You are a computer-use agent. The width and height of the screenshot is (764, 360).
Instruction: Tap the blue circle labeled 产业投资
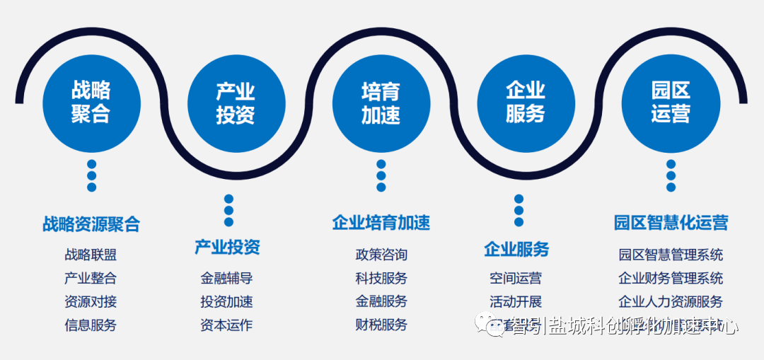(x=236, y=103)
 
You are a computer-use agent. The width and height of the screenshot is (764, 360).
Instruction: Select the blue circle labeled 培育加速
(x=381, y=103)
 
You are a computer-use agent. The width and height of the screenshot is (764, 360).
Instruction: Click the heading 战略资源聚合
(x=91, y=224)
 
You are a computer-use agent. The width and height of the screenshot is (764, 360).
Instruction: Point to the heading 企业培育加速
(x=381, y=223)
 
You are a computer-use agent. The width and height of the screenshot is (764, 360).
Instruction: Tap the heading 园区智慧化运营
(x=671, y=223)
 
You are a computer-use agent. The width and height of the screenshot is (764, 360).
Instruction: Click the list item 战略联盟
(x=91, y=255)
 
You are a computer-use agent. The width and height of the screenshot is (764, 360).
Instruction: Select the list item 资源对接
(x=91, y=301)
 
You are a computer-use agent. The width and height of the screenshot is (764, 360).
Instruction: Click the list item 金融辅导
(x=226, y=278)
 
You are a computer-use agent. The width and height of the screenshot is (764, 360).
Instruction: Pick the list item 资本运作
(x=226, y=325)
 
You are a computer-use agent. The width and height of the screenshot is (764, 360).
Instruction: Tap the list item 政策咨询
(x=381, y=255)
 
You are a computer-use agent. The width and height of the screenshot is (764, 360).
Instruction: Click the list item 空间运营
(x=516, y=278)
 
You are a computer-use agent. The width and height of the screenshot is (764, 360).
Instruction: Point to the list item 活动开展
(x=516, y=301)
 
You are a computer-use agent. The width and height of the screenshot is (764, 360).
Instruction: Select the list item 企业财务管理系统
(x=671, y=278)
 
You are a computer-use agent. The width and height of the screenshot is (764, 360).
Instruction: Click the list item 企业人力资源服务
(x=671, y=301)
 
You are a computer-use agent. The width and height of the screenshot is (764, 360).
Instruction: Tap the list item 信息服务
(x=91, y=325)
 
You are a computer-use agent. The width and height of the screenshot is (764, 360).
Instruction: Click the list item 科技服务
(x=381, y=278)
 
